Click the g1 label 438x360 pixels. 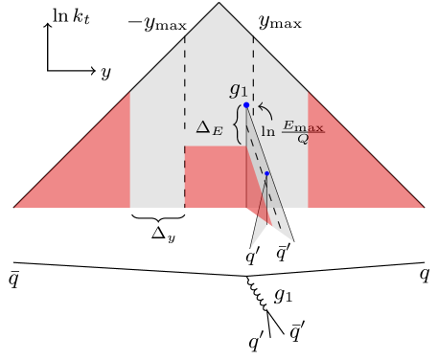click(x=238, y=91)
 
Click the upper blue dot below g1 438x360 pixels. click(x=246, y=105)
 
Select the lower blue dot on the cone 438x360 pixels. click(x=266, y=173)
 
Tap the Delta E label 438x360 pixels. click(x=209, y=127)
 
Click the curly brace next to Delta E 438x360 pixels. click(x=237, y=124)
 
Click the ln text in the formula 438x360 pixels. click(x=268, y=132)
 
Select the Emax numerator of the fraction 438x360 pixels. click(x=303, y=125)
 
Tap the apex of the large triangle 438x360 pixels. click(x=219, y=5)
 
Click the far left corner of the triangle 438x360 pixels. click(x=15, y=207)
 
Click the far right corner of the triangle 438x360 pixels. click(x=423, y=207)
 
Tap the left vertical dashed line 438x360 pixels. click(x=185, y=96)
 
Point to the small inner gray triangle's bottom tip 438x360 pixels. click(x=251, y=247)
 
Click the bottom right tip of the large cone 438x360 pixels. click(x=292, y=240)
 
